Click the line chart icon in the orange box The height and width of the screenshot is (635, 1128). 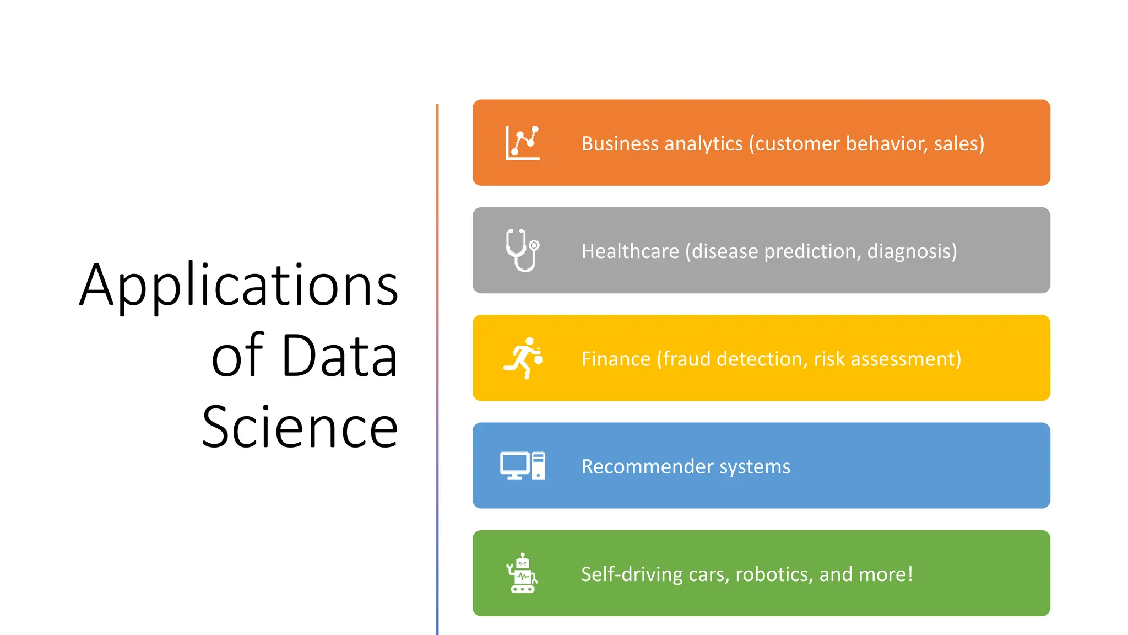(522, 143)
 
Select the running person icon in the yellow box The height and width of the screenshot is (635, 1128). (523, 358)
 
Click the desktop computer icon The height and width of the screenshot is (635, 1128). (522, 466)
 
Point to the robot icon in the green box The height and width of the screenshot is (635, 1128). (522, 573)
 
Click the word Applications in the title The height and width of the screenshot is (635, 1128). (238, 285)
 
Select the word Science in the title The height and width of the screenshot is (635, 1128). (300, 427)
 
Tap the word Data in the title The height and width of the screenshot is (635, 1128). (339, 356)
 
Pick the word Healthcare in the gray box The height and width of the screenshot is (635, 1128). (630, 251)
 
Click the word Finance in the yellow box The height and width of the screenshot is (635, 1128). (616, 359)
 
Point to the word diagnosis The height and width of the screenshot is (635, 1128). (912, 251)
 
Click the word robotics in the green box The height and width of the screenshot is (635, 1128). (774, 574)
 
